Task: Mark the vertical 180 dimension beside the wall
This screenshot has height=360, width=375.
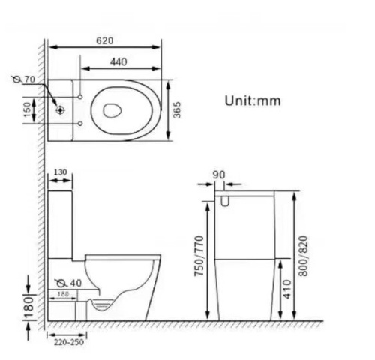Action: pyautogui.click(x=28, y=304)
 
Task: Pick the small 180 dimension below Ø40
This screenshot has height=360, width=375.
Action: pyautogui.click(x=66, y=294)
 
